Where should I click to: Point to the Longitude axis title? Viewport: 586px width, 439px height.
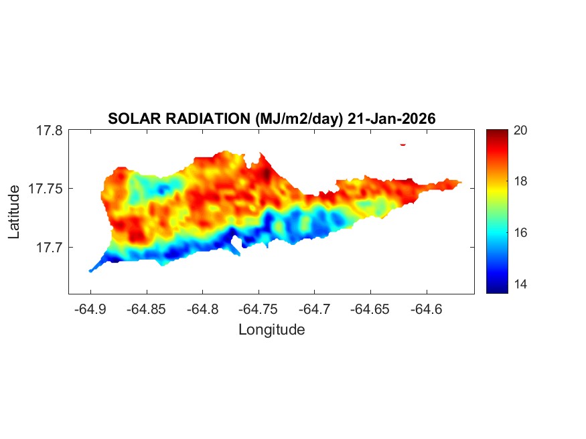[x=271, y=329]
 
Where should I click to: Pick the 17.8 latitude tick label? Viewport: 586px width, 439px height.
[x=49, y=131]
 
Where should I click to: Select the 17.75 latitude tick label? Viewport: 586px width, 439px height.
[x=46, y=189]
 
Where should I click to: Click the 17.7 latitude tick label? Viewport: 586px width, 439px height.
[x=49, y=247]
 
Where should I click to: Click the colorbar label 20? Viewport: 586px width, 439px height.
[x=520, y=131]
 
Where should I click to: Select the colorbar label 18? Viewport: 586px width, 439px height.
[x=520, y=181]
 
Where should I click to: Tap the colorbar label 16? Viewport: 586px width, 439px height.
[x=520, y=233]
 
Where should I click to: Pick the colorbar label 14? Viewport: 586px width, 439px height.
[x=520, y=284]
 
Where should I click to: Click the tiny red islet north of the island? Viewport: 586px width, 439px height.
[x=403, y=144]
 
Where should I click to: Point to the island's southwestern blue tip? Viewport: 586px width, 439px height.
[x=91, y=270]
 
